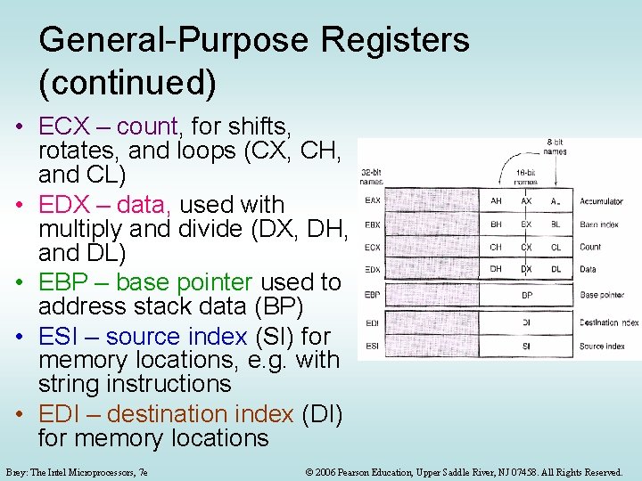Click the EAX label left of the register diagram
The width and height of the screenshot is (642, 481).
373,200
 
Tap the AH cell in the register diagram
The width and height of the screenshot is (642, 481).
497,200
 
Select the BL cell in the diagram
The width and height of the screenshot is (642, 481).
556,224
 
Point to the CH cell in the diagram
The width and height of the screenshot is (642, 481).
496,248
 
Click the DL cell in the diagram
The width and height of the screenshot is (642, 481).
556,269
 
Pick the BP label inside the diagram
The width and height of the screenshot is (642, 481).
526,295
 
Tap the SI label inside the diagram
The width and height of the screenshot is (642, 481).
526,346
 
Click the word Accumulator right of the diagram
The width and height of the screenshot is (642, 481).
602,201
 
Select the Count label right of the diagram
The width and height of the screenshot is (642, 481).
590,248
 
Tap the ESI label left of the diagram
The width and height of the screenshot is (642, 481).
372,346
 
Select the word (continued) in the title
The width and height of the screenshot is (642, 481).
128,82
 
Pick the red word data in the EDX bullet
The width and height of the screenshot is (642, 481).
144,205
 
